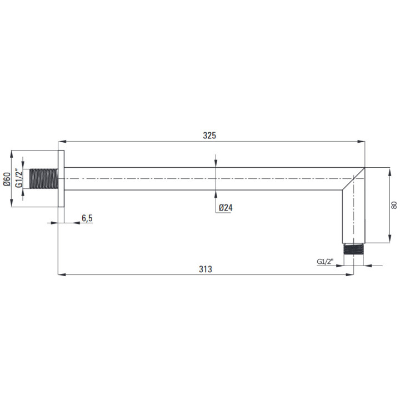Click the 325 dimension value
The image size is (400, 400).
[209, 136]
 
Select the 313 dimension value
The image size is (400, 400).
[206, 269]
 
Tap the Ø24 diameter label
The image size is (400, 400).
[226, 208]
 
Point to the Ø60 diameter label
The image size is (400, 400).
[7, 179]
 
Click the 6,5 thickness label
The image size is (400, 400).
[87, 218]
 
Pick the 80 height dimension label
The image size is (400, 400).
[394, 205]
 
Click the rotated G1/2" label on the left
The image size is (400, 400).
[19, 178]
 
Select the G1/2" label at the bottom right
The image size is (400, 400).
[325, 262]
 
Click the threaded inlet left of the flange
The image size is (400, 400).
[44, 178]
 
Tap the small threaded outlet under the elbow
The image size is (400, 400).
[353, 249]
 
